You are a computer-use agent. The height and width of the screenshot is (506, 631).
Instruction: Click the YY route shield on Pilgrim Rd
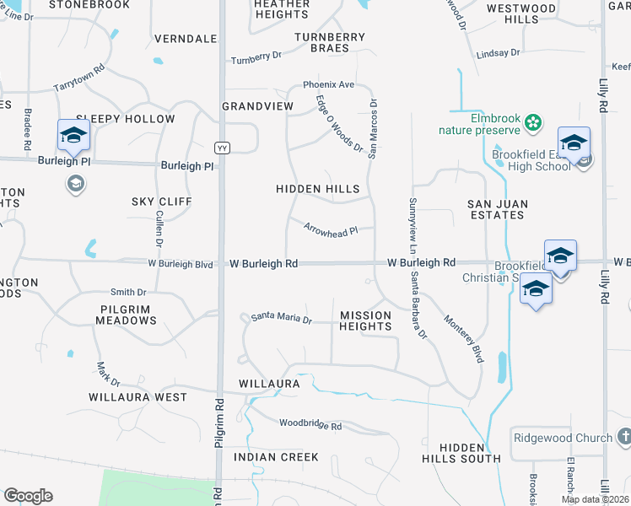click(x=223, y=148)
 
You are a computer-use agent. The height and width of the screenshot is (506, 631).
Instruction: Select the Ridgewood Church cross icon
click(x=624, y=437)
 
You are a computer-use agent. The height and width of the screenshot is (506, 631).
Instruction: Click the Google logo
click(x=28, y=496)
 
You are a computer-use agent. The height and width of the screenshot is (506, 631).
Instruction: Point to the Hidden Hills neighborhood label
click(x=318, y=190)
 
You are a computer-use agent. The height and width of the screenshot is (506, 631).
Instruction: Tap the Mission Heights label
click(x=365, y=320)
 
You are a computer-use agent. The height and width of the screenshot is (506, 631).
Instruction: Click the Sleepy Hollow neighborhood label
click(x=126, y=120)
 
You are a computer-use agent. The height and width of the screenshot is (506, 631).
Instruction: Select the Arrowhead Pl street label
click(x=331, y=230)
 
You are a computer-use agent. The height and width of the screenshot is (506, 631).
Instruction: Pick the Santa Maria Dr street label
click(x=282, y=320)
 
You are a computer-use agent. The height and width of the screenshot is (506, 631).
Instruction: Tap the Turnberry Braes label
click(x=330, y=42)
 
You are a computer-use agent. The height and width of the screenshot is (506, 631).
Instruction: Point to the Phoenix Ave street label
click(x=329, y=85)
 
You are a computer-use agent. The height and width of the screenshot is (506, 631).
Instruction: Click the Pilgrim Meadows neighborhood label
click(x=126, y=315)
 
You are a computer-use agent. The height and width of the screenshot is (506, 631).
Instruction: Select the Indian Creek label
click(x=277, y=457)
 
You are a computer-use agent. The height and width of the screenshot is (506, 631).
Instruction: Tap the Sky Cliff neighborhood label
click(x=162, y=202)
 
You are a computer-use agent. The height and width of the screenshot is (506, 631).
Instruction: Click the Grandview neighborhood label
click(x=257, y=106)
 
